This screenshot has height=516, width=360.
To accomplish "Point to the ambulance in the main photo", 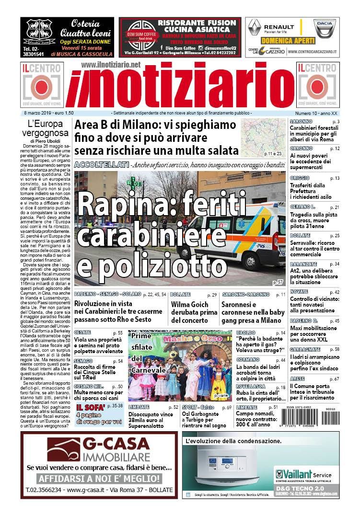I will pyautogui.click(x=240, y=235).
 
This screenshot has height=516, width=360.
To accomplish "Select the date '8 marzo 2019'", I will pyautogui.click(x=39, y=113).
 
